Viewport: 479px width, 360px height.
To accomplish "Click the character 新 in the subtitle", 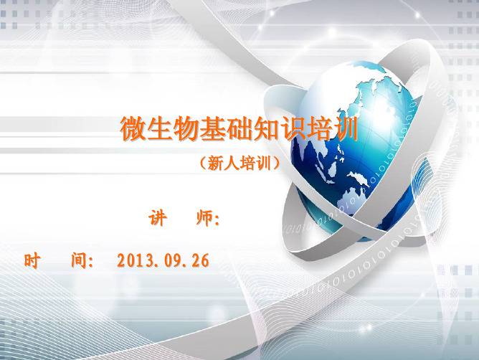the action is [x=216, y=163].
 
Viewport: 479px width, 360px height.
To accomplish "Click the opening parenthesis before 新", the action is [x=203, y=163].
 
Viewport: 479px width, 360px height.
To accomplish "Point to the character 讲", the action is [x=158, y=218].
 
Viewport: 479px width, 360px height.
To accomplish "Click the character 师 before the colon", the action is [x=204, y=218].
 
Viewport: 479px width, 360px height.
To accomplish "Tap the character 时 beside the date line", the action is [x=32, y=260].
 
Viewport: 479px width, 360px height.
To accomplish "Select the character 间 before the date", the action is [x=79, y=260].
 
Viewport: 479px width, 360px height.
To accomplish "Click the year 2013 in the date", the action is [x=135, y=261].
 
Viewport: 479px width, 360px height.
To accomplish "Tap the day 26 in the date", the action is [x=200, y=261].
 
